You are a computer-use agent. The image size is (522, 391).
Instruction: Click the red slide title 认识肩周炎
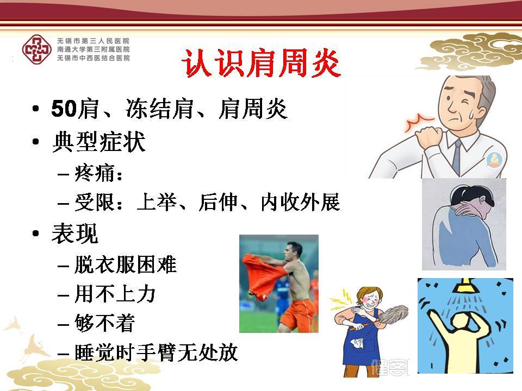pyautogui.click(x=261, y=64)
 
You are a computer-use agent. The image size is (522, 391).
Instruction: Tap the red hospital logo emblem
pyautogui.click(x=36, y=49)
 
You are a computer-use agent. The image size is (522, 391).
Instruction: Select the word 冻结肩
pyautogui.click(x=159, y=109)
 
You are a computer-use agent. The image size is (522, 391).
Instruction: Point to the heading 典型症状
pyautogui.click(x=98, y=142)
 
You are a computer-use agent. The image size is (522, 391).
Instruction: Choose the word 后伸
pyautogui.click(x=218, y=202)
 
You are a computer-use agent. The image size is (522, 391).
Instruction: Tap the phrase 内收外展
pyautogui.click(x=300, y=202)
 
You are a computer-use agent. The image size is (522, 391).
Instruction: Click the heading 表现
pyautogui.click(x=75, y=234)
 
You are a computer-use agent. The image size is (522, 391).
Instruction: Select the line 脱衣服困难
pyautogui.click(x=126, y=264)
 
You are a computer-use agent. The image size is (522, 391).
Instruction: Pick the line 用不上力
pyautogui.click(x=115, y=294)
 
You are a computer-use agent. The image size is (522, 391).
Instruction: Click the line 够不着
pyautogui.click(x=105, y=323)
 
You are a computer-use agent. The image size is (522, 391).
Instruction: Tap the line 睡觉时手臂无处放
pyautogui.click(x=156, y=352)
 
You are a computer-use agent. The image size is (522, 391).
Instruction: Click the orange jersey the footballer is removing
pyautogui.click(x=263, y=276)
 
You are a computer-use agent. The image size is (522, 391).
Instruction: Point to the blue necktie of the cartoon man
pyautogui.click(x=456, y=156)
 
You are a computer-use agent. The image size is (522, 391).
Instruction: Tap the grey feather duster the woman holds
pyautogui.click(x=392, y=317)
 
